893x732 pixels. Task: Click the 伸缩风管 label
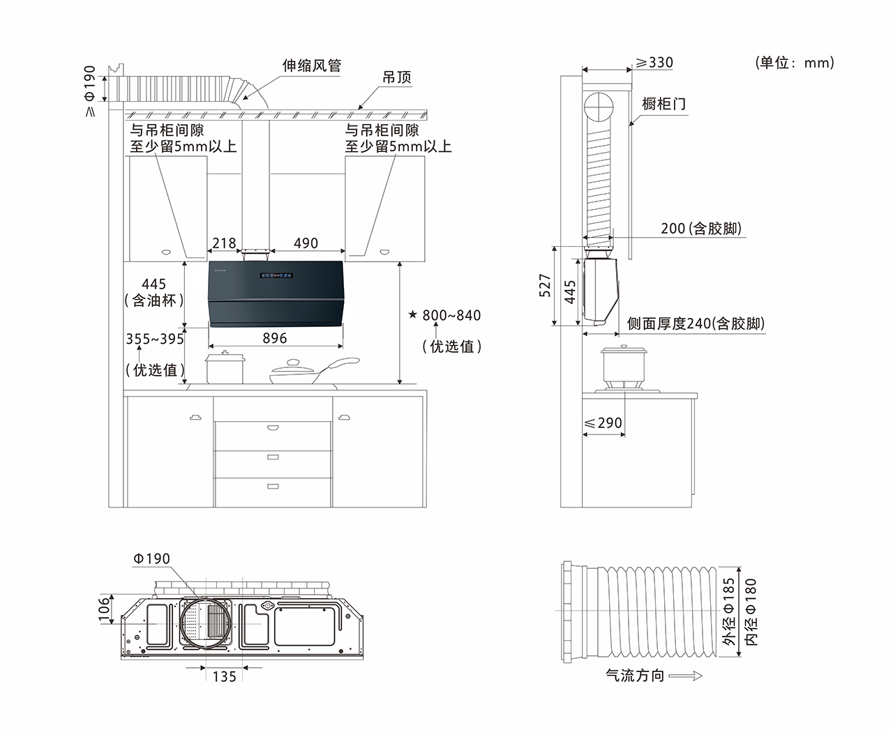pyautogui.click(x=311, y=66)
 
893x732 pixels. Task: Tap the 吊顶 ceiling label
pyautogui.click(x=397, y=77)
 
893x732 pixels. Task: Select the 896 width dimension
pyautogui.click(x=275, y=338)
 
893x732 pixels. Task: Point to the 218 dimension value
pyautogui.click(x=224, y=243)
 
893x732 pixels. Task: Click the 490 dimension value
pyautogui.click(x=306, y=243)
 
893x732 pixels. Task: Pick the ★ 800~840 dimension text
pyautogui.click(x=444, y=316)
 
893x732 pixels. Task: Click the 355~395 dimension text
pyautogui.click(x=155, y=340)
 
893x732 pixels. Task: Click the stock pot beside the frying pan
pyautogui.click(x=225, y=368)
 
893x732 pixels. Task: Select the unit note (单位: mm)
pyautogui.click(x=795, y=63)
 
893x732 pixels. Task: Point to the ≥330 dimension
pyautogui.click(x=654, y=63)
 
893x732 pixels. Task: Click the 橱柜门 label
pyautogui.click(x=663, y=105)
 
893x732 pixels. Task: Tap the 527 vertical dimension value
pyautogui.click(x=545, y=286)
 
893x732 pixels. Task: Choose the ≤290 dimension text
pyautogui.click(x=603, y=423)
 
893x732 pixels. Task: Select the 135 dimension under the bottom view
pyautogui.click(x=224, y=676)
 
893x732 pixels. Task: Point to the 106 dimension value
pyautogui.click(x=104, y=609)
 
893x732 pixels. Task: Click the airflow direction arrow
pyautogui.click(x=685, y=676)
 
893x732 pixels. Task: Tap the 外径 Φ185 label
pyautogui.click(x=729, y=611)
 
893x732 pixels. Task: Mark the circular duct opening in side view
pyautogui.click(x=599, y=107)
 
